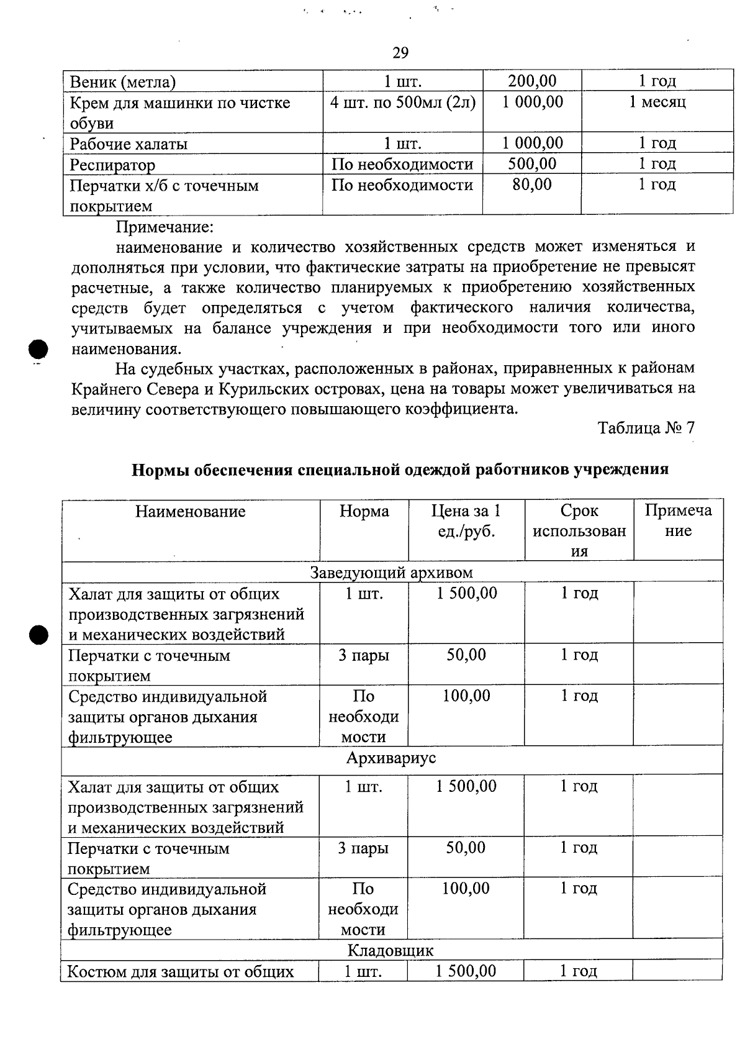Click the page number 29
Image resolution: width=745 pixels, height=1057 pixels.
400,53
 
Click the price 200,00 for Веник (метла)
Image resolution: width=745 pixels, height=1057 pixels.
532,81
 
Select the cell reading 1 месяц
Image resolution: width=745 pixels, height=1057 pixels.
657,102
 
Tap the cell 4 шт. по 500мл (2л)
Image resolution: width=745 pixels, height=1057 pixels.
403,102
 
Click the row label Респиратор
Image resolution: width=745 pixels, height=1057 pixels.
112,165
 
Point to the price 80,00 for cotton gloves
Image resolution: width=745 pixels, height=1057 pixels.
532,184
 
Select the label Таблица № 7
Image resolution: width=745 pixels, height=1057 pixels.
646,428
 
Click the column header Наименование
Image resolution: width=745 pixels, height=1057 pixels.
191,512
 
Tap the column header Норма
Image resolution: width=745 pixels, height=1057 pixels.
364,511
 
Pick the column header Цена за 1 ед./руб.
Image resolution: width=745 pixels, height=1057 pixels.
466,521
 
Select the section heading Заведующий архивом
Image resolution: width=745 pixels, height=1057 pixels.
392,572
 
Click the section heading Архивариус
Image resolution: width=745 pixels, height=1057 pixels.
391,758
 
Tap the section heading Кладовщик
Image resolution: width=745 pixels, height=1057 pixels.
391,950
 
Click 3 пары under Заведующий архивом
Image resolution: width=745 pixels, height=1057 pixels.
364,655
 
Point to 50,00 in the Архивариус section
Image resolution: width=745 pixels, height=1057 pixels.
466,848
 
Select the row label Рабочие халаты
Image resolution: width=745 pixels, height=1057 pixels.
129,144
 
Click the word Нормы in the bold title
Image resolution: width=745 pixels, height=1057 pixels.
161,470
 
